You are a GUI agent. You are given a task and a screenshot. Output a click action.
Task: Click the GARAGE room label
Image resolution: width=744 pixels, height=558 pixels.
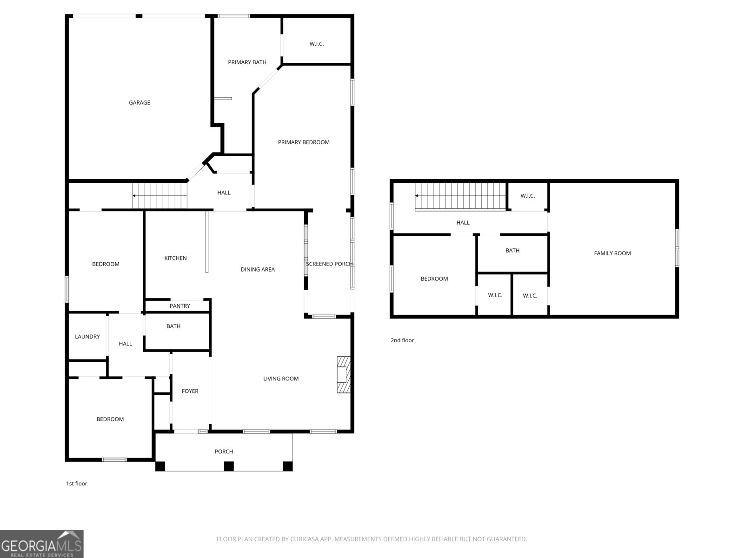click(x=139, y=103)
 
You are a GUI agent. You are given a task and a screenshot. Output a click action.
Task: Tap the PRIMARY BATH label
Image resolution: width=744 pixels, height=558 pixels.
click(x=247, y=62)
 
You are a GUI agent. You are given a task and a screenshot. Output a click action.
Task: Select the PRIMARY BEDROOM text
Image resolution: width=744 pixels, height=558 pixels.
click(x=304, y=142)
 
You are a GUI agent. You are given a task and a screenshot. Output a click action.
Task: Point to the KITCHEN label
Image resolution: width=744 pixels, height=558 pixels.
click(x=175, y=258)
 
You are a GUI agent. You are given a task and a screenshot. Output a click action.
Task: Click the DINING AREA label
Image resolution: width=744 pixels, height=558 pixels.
click(x=258, y=270)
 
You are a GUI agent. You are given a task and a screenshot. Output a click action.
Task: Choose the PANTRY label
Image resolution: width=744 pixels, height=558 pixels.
click(x=179, y=306)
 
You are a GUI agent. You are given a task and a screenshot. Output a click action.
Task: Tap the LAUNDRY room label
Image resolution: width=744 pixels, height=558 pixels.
click(x=87, y=336)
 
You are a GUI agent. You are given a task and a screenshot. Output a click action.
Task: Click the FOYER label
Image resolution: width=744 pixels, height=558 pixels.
click(x=190, y=391)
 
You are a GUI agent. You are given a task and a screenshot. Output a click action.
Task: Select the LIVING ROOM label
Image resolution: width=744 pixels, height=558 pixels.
click(x=281, y=379)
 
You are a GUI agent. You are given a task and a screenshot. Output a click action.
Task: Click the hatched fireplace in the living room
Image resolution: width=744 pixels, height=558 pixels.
click(x=343, y=374)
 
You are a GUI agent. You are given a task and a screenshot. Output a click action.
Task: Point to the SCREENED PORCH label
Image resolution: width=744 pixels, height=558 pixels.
click(x=329, y=264)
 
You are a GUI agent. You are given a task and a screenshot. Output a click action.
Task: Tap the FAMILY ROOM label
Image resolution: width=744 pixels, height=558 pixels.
click(x=612, y=253)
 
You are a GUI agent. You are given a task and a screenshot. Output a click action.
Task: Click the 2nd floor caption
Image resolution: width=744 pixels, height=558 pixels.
click(x=402, y=340)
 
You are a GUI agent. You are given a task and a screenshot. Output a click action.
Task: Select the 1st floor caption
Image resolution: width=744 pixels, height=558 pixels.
click(x=76, y=484)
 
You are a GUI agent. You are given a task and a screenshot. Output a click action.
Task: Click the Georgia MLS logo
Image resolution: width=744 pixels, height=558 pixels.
click(x=42, y=544)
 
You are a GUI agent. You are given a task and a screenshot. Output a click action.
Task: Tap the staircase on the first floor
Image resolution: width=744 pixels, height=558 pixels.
click(x=159, y=196)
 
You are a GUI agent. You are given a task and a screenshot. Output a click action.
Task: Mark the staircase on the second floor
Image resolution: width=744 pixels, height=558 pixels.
click(x=461, y=196)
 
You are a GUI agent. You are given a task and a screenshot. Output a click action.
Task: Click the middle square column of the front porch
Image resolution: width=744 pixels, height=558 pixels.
click(x=229, y=466)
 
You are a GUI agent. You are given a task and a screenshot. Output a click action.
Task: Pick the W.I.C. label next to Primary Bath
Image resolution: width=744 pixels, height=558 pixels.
click(x=317, y=44)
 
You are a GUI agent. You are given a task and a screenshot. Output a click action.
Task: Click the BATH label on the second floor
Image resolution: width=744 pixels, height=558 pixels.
click(x=512, y=251)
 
